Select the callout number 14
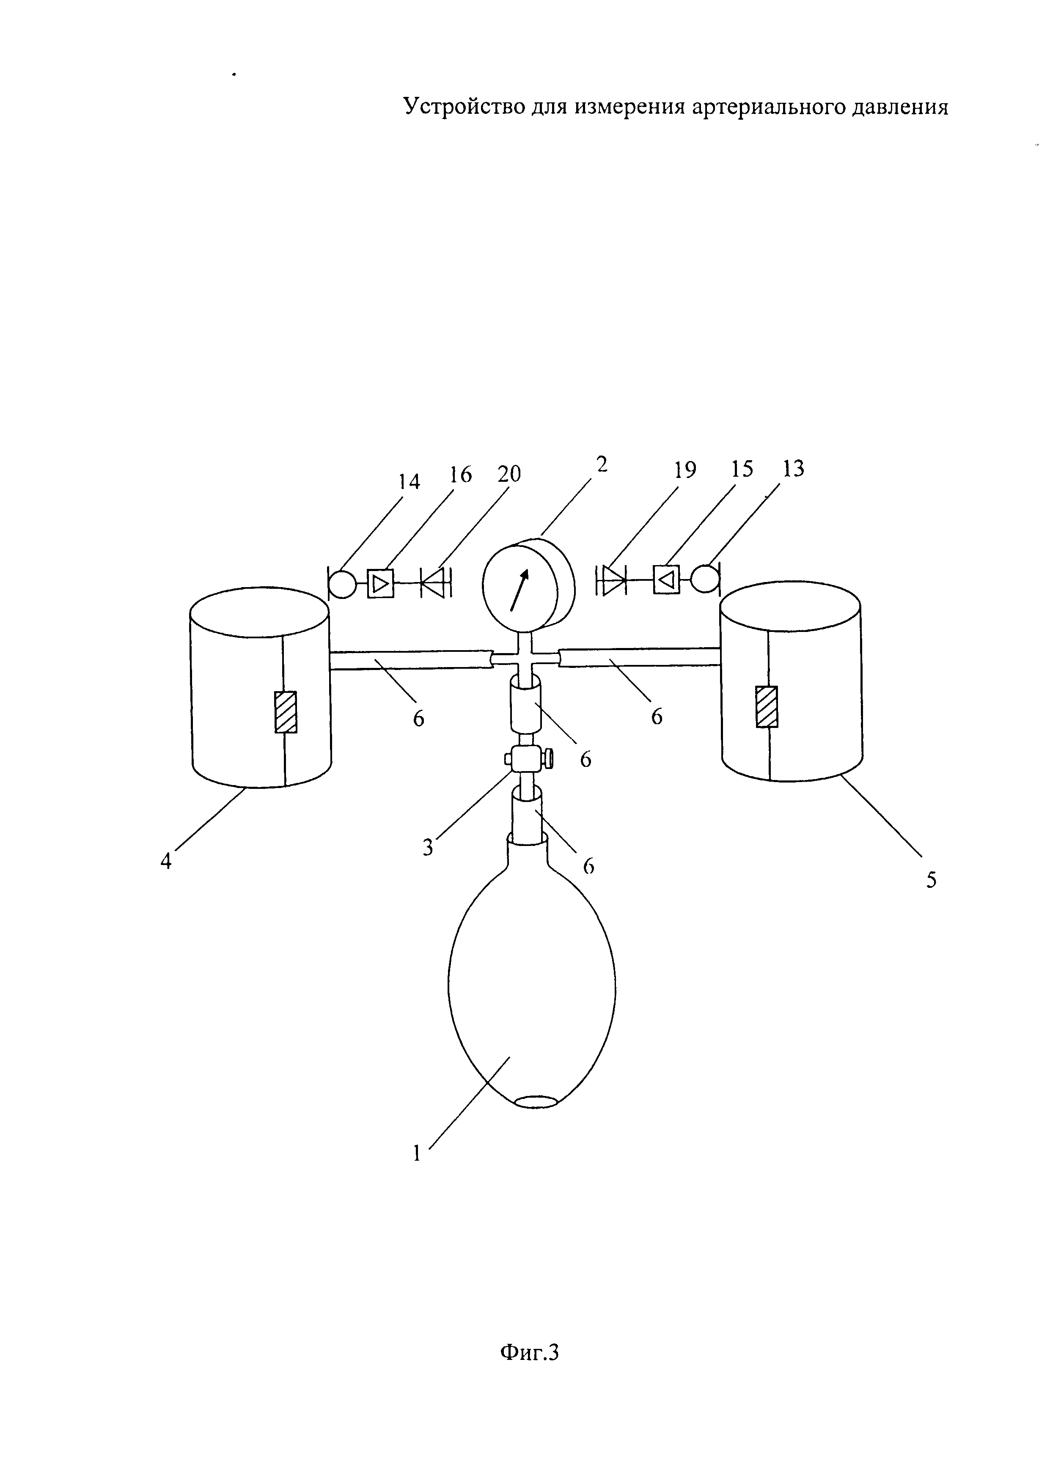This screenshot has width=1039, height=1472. pos(409,481)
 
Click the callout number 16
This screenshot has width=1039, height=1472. pos(460,475)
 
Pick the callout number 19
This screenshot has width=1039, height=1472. pos(685,470)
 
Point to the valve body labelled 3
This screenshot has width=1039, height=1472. pos(525,761)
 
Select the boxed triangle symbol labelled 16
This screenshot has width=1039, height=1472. pos(380,583)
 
